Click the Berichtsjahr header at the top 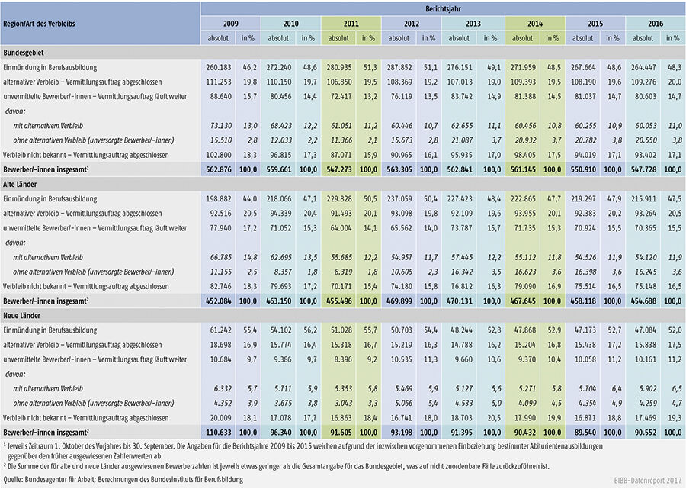(x=443, y=7)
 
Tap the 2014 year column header (x=532, y=23)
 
